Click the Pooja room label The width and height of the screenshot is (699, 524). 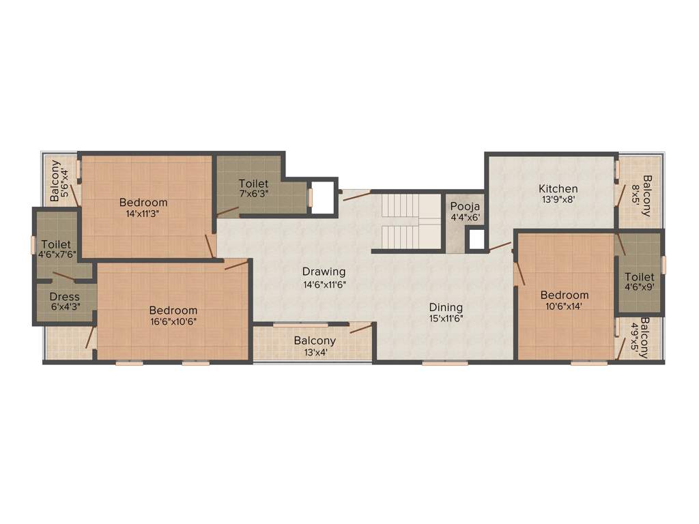click(x=466, y=206)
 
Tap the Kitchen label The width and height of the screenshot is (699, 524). click(x=558, y=189)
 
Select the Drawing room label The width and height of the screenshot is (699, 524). click(x=324, y=272)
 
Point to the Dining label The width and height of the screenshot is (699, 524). click(x=445, y=307)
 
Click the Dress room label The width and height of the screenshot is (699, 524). click(x=64, y=297)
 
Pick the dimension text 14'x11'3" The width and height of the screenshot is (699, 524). click(x=143, y=214)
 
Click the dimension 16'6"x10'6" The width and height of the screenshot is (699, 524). click(x=173, y=322)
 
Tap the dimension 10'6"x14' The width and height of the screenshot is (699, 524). click(x=564, y=306)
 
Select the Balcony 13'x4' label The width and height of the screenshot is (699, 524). click(x=315, y=340)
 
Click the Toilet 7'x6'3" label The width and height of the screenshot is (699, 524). click(x=253, y=184)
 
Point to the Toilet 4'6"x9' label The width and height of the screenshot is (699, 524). click(x=640, y=277)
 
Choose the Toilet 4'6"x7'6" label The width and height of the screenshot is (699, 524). click(x=56, y=244)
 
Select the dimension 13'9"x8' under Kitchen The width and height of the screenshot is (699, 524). click(x=558, y=200)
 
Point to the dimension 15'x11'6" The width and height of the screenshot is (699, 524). click(x=445, y=319)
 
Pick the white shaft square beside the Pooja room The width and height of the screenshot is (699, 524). click(x=476, y=239)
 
